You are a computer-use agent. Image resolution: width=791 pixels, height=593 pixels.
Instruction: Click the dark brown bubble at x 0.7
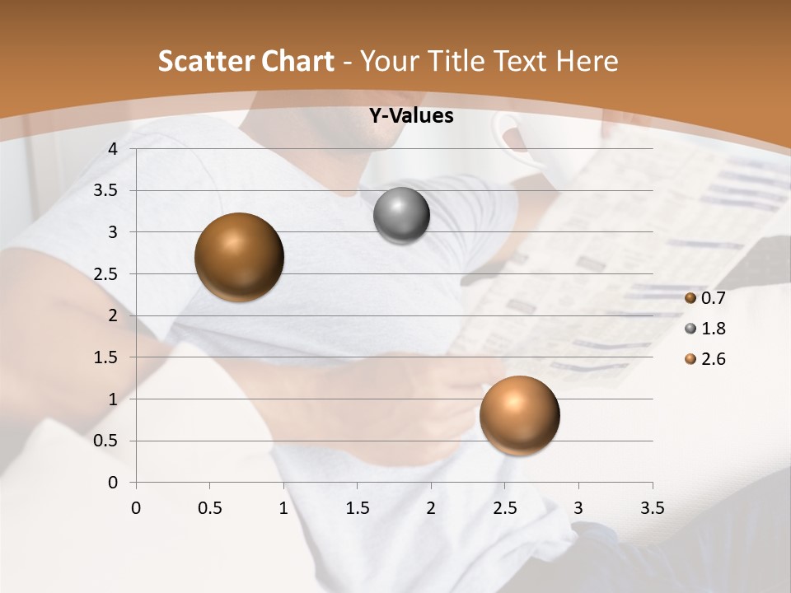[x=240, y=257]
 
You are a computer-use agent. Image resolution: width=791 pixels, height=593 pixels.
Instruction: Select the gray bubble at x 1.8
[x=401, y=216]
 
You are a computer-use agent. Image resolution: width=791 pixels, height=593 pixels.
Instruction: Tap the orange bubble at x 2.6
[x=519, y=415]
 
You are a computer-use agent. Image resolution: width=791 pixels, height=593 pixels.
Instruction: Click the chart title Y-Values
[x=410, y=116]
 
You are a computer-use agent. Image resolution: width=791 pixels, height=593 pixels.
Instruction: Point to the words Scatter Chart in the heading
[x=246, y=61]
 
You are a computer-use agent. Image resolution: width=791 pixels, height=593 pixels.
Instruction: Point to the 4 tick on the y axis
[x=114, y=149]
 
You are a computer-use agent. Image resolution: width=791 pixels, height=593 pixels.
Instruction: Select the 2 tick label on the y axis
[x=114, y=315]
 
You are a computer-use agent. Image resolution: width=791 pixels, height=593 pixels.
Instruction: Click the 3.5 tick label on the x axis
[x=652, y=508]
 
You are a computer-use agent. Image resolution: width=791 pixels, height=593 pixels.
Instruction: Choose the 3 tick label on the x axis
[x=578, y=508]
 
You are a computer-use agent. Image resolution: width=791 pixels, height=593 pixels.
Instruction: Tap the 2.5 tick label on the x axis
[x=504, y=508]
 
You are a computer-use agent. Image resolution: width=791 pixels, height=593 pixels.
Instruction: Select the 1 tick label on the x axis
[x=283, y=508]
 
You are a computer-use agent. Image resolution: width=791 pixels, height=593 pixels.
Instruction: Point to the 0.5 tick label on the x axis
[x=209, y=508]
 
